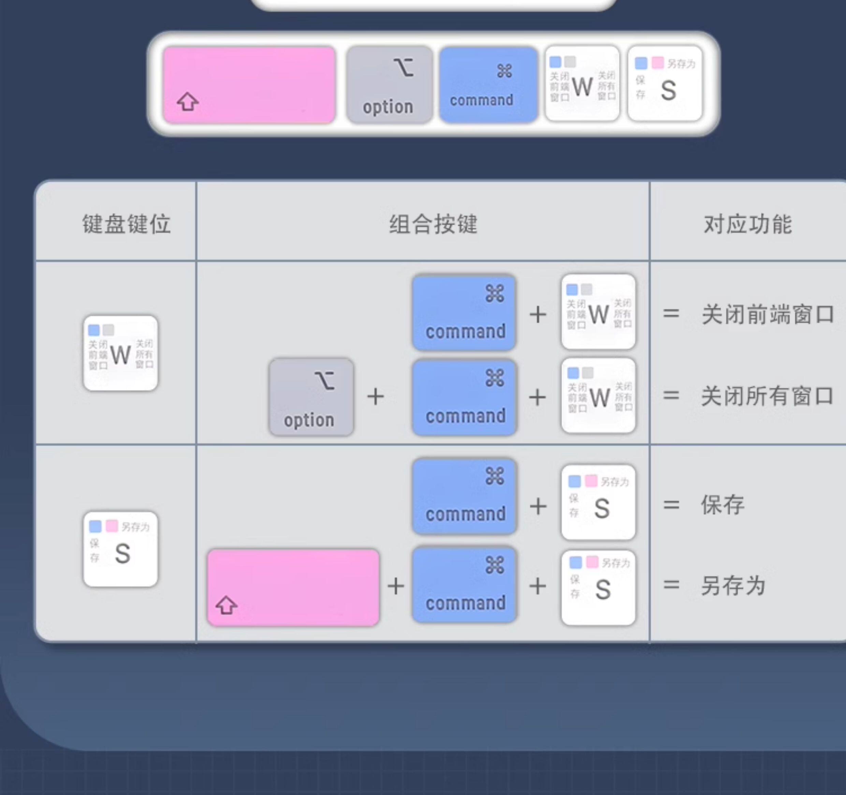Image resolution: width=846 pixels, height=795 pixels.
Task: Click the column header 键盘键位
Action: tap(127, 224)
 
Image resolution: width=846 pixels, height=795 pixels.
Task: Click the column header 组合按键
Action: tap(433, 224)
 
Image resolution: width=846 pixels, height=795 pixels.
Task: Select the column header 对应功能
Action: tap(748, 224)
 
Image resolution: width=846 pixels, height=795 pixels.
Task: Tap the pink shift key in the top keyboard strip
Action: tap(249, 85)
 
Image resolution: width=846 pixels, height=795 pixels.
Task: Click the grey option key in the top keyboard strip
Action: tap(389, 85)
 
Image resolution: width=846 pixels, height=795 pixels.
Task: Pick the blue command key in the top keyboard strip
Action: tap(488, 85)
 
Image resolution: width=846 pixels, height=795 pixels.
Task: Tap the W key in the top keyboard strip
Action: tap(582, 84)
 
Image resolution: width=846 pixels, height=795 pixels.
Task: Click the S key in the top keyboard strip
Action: tap(665, 84)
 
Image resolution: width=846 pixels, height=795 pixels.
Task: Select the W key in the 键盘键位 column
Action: tap(120, 353)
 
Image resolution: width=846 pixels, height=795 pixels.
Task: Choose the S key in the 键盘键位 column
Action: tap(120, 549)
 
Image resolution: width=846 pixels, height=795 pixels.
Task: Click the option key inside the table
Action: tap(311, 397)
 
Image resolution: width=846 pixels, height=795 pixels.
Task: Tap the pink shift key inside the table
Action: tap(293, 587)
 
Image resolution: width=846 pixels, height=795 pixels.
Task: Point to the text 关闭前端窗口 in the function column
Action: tap(767, 315)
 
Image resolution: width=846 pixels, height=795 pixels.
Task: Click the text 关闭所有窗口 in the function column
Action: tap(767, 396)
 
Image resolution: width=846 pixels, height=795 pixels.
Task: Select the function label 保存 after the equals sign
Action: tap(723, 505)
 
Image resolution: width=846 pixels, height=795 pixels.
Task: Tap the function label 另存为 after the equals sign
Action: tap(733, 585)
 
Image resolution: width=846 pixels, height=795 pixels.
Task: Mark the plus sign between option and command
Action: tap(375, 397)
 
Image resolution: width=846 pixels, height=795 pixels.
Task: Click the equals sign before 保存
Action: tap(671, 505)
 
